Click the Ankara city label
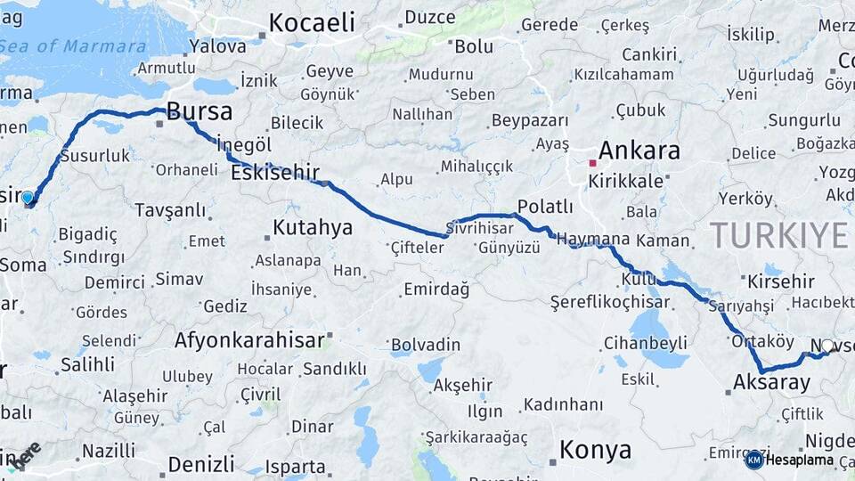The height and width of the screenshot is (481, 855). pos(639,151)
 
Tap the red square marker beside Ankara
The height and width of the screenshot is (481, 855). pos(592,163)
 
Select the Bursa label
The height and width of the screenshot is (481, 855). pos(199,112)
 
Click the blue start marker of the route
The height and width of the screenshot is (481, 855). pos(28,197)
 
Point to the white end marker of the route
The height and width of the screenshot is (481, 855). pos(827,346)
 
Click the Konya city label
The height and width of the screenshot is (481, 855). pos(595,450)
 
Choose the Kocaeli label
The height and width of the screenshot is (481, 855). pos(312,23)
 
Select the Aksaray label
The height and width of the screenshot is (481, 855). pos(771,384)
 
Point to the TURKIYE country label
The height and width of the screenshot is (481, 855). pos(779,236)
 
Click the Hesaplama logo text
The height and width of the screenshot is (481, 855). pos(800,461)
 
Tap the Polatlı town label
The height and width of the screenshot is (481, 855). pos(545,207)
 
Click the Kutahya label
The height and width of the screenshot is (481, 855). pos(313,227)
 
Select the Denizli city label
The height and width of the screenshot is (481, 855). pos(201,464)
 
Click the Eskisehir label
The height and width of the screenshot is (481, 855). pos(274,174)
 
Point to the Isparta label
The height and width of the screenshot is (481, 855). pos(295,466)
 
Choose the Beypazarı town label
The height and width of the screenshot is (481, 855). pos(530,120)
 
